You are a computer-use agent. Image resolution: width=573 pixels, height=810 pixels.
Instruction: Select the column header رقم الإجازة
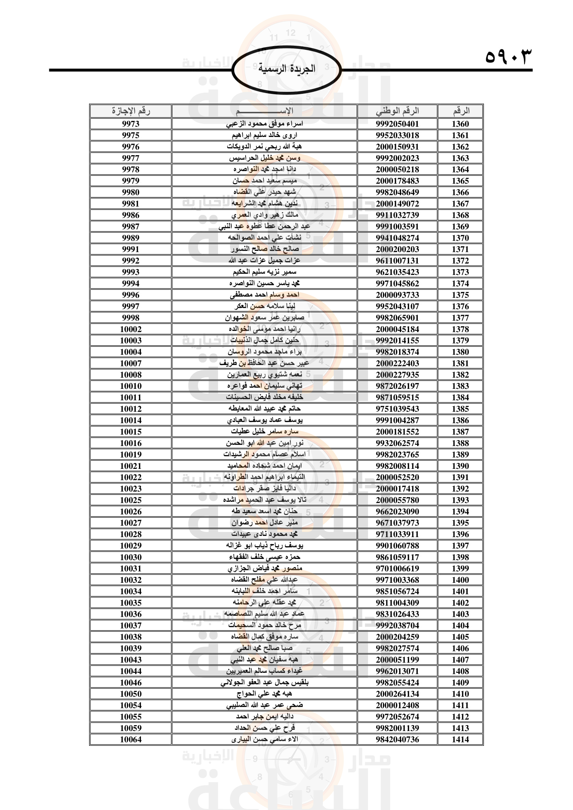[131, 111]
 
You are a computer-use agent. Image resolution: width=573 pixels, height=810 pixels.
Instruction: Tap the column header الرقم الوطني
[397, 111]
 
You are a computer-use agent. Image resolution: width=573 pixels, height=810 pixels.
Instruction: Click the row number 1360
[460, 124]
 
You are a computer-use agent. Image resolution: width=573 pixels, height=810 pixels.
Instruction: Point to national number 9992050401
[397, 124]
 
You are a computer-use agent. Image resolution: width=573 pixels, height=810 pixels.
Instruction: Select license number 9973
[131, 124]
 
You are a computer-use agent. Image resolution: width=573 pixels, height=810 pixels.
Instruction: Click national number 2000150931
[397, 147]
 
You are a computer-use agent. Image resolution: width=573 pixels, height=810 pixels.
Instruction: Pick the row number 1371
[460, 249]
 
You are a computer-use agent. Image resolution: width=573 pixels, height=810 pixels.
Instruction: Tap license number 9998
[131, 318]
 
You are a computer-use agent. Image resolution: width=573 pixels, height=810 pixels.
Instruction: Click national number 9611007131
[397, 261]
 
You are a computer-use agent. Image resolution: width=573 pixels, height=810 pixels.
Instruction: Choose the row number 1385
[460, 409]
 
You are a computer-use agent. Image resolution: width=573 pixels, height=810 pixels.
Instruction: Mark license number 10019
[131, 454]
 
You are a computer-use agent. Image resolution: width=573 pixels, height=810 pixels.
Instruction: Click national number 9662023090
[397, 511]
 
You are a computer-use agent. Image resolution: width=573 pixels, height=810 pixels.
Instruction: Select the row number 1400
[460, 580]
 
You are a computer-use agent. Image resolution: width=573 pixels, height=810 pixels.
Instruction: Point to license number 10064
[131, 739]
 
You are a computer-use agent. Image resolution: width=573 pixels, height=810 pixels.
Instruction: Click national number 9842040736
[397, 739]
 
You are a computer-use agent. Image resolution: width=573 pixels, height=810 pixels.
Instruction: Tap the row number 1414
[460, 739]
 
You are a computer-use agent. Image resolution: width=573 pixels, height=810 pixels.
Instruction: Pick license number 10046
[131, 683]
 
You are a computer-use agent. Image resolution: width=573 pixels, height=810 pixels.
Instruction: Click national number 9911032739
[397, 215]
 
